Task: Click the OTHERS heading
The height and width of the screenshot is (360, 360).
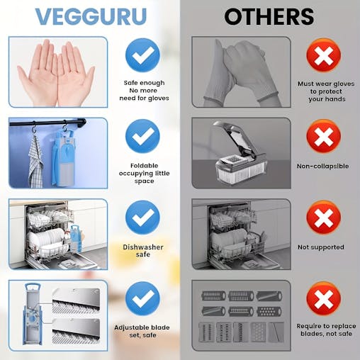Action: pyautogui.click(x=269, y=17)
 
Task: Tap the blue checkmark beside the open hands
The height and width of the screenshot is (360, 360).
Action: pyautogui.click(x=142, y=55)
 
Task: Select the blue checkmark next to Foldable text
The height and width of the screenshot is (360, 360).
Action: pyautogui.click(x=142, y=136)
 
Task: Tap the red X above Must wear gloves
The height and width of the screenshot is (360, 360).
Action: pyautogui.click(x=323, y=55)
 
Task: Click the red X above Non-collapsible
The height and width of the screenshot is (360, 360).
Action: pyautogui.click(x=323, y=136)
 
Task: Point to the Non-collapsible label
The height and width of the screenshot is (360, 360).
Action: pyautogui.click(x=323, y=166)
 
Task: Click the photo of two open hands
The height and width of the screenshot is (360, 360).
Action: pyautogui.click(x=57, y=72)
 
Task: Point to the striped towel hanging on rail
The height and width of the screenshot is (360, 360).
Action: pyautogui.click(x=35, y=161)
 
